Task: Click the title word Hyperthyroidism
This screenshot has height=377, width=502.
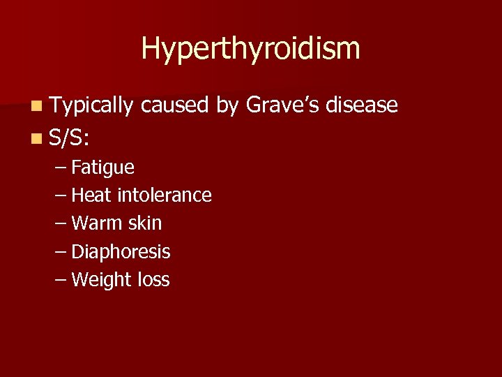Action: [251, 49]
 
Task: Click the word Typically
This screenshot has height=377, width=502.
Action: [91, 105]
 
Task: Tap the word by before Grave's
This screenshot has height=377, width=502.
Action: [227, 106]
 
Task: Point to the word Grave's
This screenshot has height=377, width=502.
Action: [282, 105]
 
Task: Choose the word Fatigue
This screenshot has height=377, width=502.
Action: [103, 168]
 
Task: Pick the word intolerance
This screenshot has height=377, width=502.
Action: [165, 195]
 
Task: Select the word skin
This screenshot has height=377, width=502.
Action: [144, 223]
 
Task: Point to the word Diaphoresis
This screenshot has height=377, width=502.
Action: [121, 252]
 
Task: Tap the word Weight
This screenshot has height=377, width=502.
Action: [100, 281]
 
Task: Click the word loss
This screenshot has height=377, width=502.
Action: [153, 280]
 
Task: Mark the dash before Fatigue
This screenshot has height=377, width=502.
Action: [60, 168]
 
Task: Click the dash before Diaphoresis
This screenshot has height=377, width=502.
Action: [60, 252]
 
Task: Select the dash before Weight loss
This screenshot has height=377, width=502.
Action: [60, 280]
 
